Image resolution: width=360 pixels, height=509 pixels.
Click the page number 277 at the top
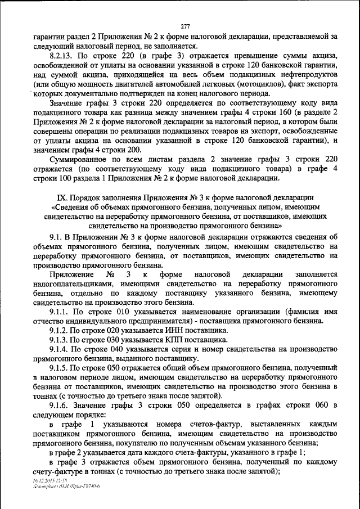click(186, 26)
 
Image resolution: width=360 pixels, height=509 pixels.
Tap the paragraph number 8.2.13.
click(62, 57)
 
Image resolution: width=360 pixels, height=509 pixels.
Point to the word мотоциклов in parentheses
click(264, 87)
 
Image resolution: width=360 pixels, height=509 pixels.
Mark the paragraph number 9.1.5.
click(60, 368)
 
